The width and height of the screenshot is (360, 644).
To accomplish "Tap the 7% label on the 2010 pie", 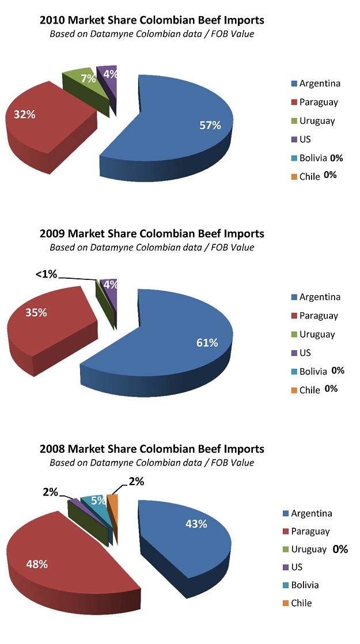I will (88, 78).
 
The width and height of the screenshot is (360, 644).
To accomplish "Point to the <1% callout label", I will (46, 275).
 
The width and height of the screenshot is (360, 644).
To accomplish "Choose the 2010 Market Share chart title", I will (151, 20).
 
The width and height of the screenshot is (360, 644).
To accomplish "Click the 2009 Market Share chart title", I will (151, 233).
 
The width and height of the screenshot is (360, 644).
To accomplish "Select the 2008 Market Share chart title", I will (151, 448).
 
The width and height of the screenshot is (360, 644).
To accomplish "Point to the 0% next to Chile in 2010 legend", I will (330, 175).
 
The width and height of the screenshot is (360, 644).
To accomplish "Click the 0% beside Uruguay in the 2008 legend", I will (340, 549).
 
